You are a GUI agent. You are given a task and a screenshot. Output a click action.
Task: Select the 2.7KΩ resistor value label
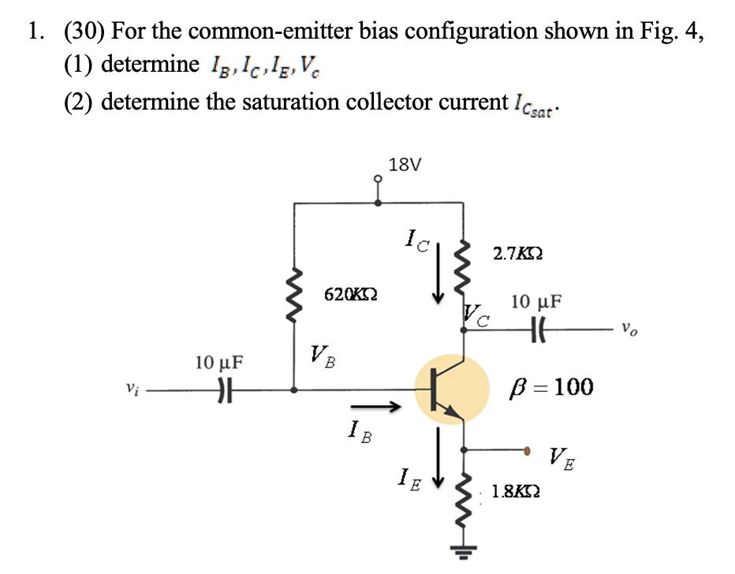click(x=517, y=254)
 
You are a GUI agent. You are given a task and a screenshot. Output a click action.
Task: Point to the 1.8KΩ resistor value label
click(x=516, y=493)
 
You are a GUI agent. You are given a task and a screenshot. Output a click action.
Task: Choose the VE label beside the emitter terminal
click(x=562, y=457)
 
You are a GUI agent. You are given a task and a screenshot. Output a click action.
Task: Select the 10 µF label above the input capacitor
click(x=219, y=363)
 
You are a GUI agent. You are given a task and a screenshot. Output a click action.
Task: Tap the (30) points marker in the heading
click(x=83, y=32)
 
